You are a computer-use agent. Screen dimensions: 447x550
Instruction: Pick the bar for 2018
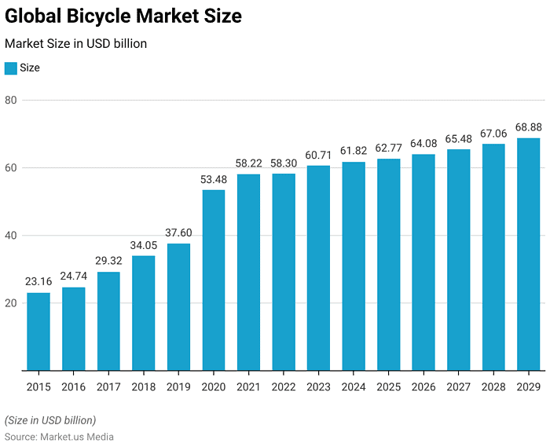pyautogui.click(x=144, y=313)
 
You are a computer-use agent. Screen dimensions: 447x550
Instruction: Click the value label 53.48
pyautogui.click(x=214, y=180)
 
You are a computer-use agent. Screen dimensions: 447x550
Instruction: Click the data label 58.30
pyautogui.click(x=284, y=163)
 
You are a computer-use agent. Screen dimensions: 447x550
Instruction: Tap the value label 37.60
pyautogui.click(x=178, y=233)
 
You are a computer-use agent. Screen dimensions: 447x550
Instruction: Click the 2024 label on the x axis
pyautogui.click(x=354, y=387)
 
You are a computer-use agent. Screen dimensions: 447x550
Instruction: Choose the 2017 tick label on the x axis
pyautogui.click(x=108, y=387)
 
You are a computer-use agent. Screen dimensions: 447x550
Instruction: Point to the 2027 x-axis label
pyautogui.click(x=458, y=387)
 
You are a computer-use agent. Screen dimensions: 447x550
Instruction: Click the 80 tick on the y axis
pyautogui.click(x=11, y=101)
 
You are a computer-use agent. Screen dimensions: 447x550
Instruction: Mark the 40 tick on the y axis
pyautogui.click(x=11, y=236)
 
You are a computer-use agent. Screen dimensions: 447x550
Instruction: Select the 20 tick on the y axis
pyautogui.click(x=11, y=303)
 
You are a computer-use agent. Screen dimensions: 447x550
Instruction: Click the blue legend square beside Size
pyautogui.click(x=11, y=68)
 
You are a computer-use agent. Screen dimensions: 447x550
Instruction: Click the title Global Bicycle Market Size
pyautogui.click(x=123, y=16)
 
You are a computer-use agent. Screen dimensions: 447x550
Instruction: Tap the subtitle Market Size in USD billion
pyautogui.click(x=76, y=44)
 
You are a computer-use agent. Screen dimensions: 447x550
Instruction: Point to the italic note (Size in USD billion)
pyautogui.click(x=50, y=420)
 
